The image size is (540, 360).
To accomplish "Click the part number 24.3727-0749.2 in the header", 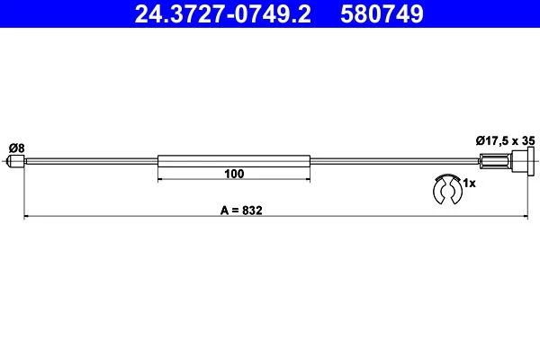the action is pyautogui.click(x=222, y=14).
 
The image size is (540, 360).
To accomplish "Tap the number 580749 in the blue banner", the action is pyautogui.click(x=382, y=14).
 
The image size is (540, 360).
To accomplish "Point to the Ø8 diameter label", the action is pyautogui.click(x=17, y=148).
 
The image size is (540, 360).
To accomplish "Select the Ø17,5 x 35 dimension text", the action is pyautogui.click(x=505, y=140).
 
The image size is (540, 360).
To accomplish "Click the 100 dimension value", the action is pyautogui.click(x=234, y=174).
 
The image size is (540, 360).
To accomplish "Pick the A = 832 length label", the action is pyautogui.click(x=241, y=210).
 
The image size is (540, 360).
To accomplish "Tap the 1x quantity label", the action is pyautogui.click(x=469, y=184).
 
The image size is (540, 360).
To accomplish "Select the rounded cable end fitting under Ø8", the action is pyautogui.click(x=16, y=161).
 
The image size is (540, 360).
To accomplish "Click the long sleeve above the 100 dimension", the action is pyautogui.click(x=234, y=161).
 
